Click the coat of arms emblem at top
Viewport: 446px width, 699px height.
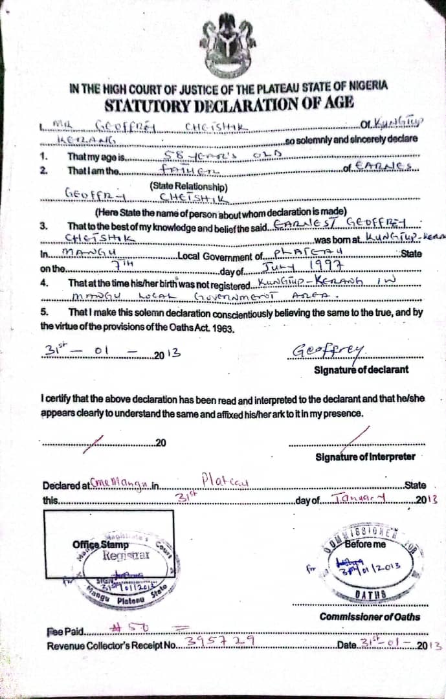228,46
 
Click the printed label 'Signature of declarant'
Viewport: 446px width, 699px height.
361,370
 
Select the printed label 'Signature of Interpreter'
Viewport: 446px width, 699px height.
365,457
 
